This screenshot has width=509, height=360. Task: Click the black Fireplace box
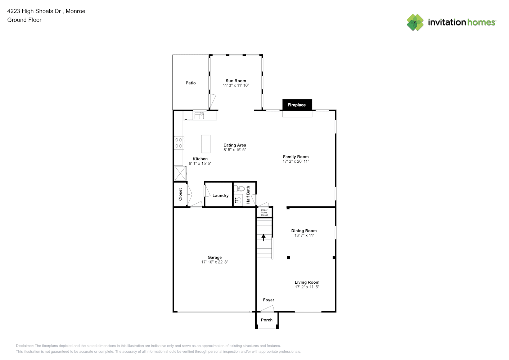coord(297,105)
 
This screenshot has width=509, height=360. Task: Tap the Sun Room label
coord(236,81)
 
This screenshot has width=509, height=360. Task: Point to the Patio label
coord(190,83)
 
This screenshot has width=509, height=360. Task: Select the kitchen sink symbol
coord(199,116)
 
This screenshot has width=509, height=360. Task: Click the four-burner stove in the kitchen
coord(179,143)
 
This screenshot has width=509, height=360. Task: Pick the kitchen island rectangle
coord(206,144)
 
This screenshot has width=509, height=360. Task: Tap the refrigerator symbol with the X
coord(180,174)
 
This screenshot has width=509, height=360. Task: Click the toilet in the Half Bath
coord(239,188)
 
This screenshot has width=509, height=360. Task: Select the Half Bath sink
coord(238,200)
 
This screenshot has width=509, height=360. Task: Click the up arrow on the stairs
coord(263,238)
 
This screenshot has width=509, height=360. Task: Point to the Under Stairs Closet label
coord(264,212)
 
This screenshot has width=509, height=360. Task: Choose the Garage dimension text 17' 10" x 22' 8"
coord(215,262)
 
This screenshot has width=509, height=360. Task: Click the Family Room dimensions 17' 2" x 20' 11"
coord(296,161)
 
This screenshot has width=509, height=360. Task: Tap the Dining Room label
coord(304,231)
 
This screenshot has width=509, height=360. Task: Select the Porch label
coord(267,320)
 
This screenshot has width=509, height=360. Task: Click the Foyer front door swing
coord(267,309)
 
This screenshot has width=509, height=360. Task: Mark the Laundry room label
coord(220,195)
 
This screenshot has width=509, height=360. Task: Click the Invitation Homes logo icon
coord(415,22)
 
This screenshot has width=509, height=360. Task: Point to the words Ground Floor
coord(24,20)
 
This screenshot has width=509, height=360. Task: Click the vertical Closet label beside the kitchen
coord(180,194)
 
